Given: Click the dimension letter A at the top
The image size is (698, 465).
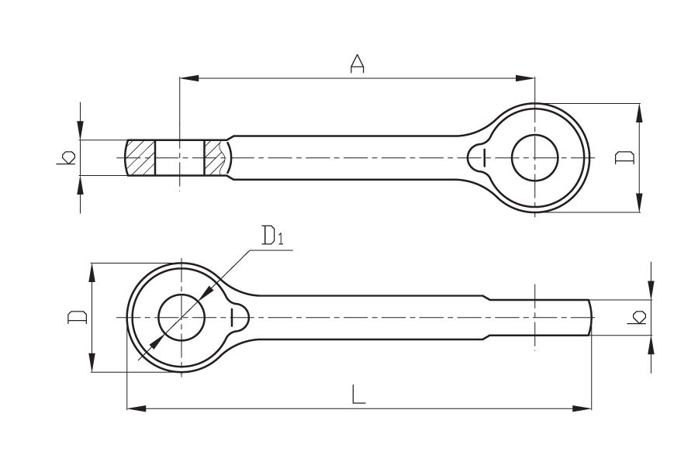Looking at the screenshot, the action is (357, 64).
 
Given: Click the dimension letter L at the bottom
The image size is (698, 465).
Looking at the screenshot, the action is (358, 394).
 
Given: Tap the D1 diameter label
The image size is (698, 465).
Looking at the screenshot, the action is (273, 236).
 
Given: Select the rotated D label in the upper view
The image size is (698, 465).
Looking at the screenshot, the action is (624, 157).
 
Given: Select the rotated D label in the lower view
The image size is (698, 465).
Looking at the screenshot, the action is (77, 317).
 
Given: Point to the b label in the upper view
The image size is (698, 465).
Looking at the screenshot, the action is (66, 157).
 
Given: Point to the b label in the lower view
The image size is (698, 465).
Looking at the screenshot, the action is (636, 317).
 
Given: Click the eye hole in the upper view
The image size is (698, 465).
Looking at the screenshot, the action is (534, 157).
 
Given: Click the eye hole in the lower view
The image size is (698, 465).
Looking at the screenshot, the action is (181, 317).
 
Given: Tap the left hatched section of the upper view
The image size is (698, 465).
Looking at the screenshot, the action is (141, 157).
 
